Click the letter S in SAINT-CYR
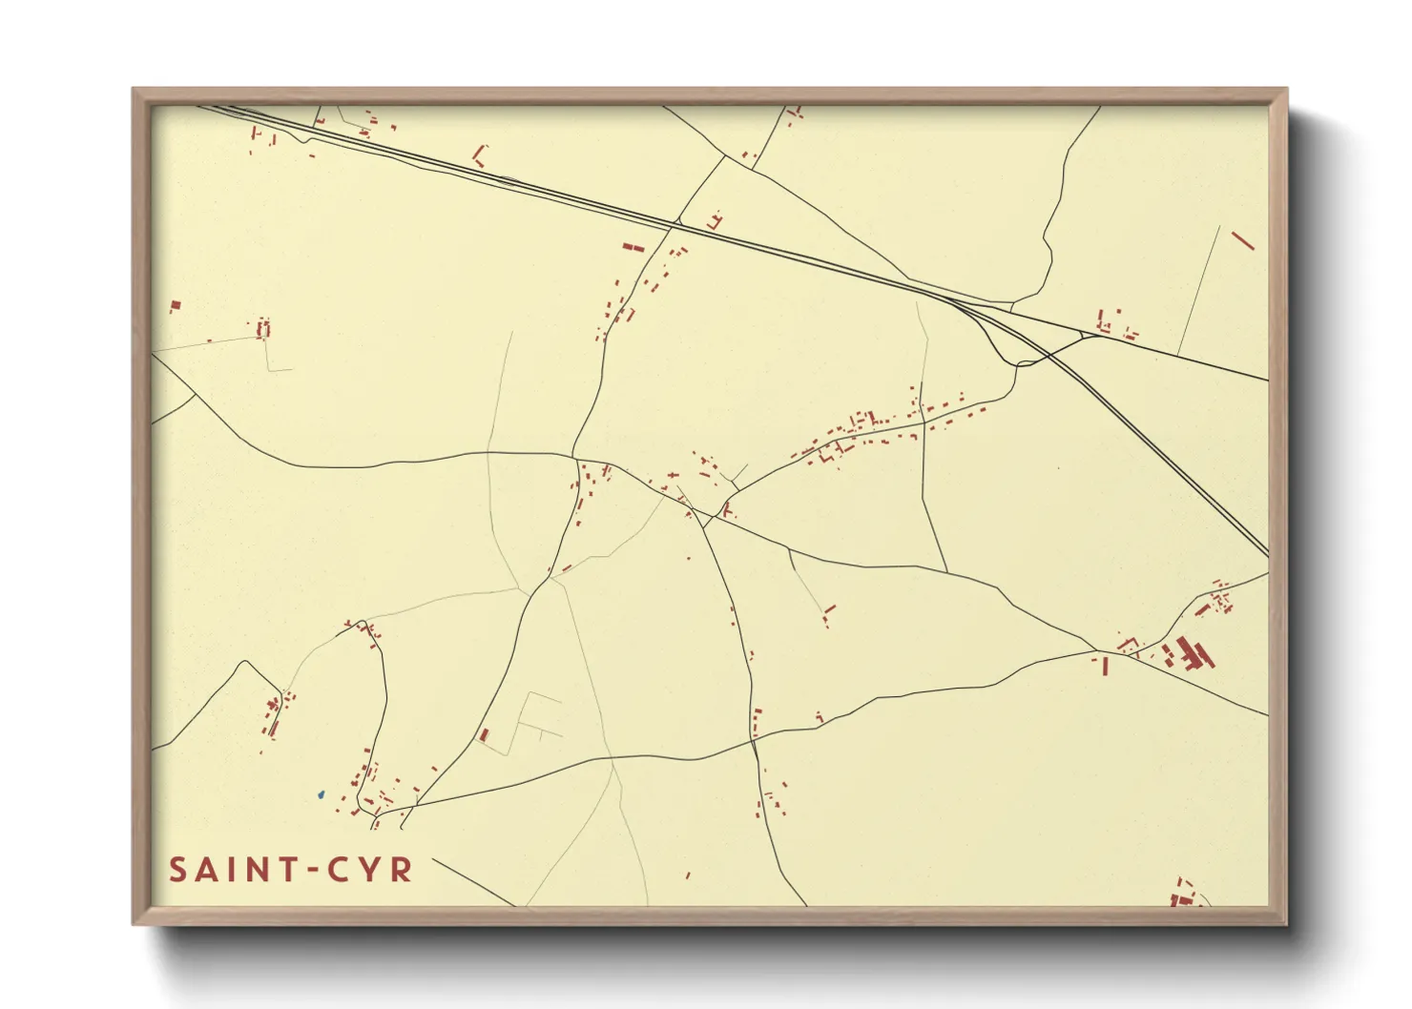[178, 870]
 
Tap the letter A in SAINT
[206, 870]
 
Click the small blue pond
[322, 793]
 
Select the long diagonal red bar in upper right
[1242, 240]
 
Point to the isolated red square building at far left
[176, 306]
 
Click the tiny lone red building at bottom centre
[688, 875]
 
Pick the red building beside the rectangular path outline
[485, 735]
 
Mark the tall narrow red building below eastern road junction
[1105, 666]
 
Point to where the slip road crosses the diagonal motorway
[1049, 356]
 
